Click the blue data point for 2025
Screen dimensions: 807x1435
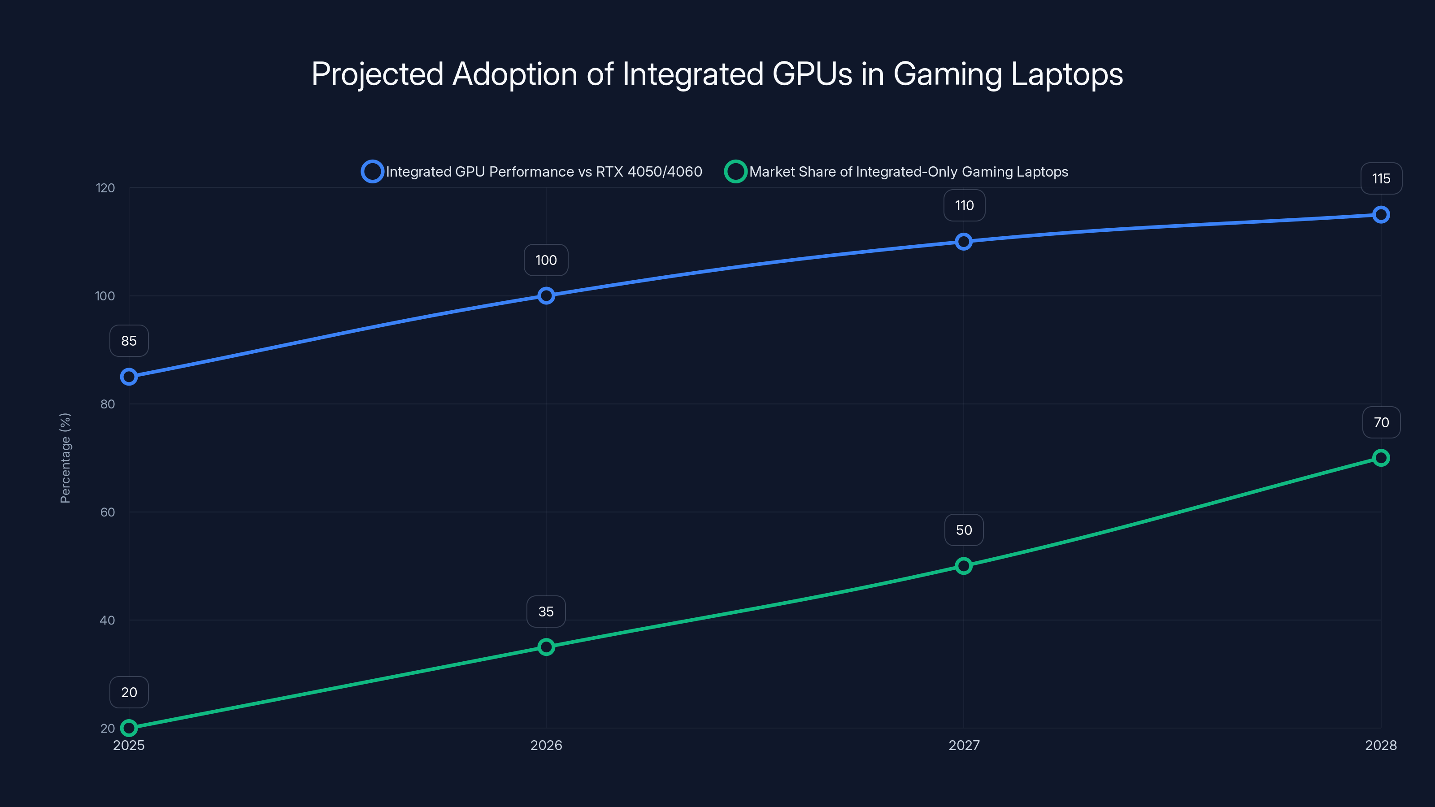[129, 377]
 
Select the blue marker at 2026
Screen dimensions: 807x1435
[546, 296]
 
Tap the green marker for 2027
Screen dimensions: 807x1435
[963, 566]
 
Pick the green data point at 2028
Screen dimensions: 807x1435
[1380, 458]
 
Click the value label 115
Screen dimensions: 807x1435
[1381, 179]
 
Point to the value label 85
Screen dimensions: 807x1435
[129, 341]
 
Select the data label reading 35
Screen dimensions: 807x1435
[546, 612]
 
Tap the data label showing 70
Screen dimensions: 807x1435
[1381, 423]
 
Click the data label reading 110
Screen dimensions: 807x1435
[964, 205]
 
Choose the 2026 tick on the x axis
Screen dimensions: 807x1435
[546, 745]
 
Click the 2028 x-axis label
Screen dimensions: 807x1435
[1380, 745]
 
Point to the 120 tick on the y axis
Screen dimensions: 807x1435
[105, 188]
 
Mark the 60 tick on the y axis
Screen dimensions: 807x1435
[108, 512]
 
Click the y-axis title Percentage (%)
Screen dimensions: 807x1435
[65, 458]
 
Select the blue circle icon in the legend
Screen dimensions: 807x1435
[372, 172]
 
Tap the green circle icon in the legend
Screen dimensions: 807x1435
[735, 172]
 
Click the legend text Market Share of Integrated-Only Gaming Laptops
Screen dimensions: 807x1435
[908, 172]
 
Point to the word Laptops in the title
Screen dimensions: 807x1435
[1066, 74]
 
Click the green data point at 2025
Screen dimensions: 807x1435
[129, 728]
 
